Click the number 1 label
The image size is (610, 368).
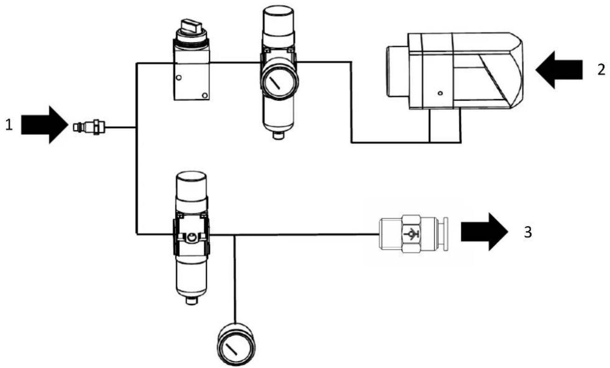point(9,125)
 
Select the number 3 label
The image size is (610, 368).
point(528,233)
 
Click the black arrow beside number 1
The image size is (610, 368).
point(44,125)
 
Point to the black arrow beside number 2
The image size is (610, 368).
point(559,70)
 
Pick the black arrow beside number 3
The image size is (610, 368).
point(485,231)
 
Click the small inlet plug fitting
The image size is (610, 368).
point(89,127)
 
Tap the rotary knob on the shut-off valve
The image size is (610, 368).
point(191,26)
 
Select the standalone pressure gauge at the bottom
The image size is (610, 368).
point(236,344)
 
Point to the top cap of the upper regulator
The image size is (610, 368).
point(278,21)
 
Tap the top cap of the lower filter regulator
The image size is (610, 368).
point(191,186)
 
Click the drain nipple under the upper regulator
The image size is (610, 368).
point(278,135)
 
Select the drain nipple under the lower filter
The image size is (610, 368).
point(192,301)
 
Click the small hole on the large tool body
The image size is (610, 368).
point(440,94)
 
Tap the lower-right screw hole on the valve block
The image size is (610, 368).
point(205,95)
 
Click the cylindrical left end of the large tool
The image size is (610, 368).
point(398,72)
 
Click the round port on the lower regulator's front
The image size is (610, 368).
point(192,238)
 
